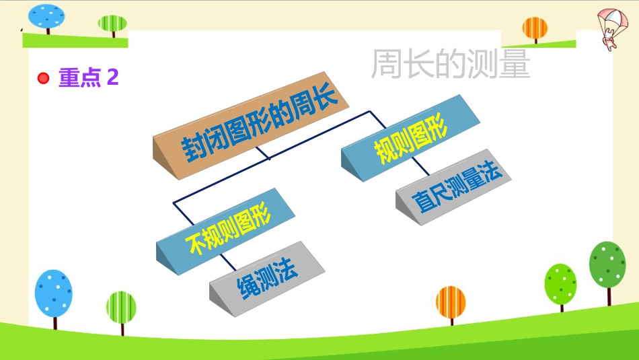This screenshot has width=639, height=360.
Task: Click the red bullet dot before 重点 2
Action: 43,78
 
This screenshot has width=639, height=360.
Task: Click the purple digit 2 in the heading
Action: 113,77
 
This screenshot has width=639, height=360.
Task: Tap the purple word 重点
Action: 80,77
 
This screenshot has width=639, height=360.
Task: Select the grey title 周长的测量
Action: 450,63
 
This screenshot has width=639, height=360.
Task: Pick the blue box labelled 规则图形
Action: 410,138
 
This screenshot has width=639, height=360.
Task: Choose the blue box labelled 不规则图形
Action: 225,231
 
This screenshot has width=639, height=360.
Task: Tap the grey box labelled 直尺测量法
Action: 453,186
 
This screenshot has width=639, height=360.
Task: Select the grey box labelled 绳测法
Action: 267,279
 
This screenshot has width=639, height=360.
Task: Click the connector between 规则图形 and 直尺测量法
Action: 420,166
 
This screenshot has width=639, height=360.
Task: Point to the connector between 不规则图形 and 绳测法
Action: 228,262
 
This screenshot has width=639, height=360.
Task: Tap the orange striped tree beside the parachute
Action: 535,30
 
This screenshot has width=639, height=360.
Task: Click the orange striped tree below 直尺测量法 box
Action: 451,305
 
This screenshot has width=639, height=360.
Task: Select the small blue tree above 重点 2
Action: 46,19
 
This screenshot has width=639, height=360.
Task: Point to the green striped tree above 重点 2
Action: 112,26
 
